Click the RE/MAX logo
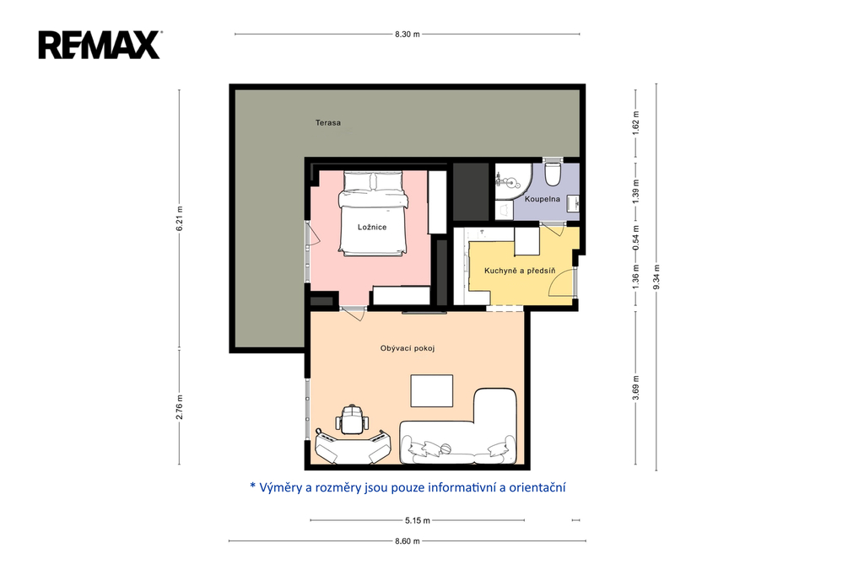(100, 45)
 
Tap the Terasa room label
(328, 123)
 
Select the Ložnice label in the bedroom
(372, 227)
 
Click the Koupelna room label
(543, 199)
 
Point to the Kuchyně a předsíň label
(520, 271)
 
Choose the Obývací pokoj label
(408, 348)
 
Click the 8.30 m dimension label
(408, 35)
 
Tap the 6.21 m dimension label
(179, 218)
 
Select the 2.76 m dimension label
(179, 407)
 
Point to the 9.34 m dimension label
(656, 277)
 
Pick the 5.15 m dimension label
(417, 520)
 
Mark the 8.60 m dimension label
(408, 540)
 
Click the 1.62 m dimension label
(635, 123)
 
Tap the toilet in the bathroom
(552, 172)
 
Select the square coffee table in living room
(431, 391)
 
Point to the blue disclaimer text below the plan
(408, 487)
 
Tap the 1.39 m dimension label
(635, 191)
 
